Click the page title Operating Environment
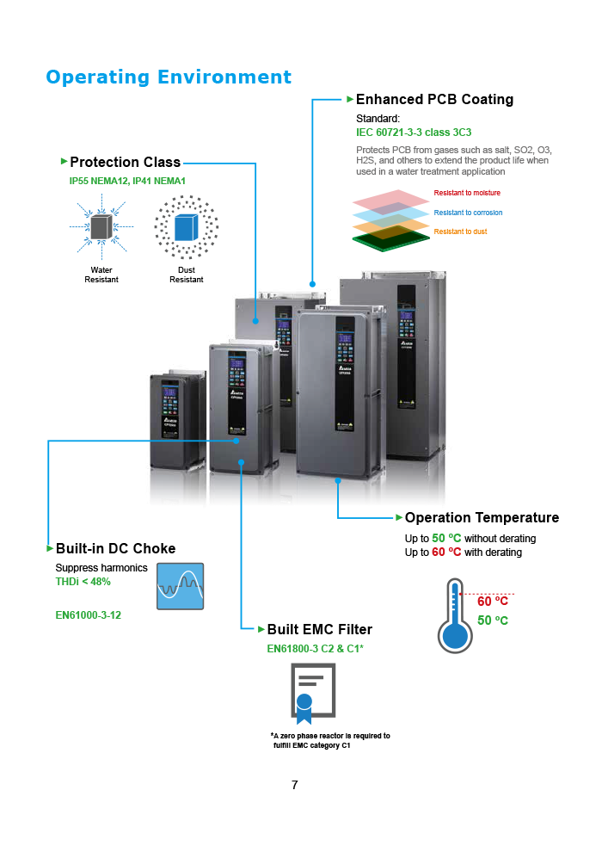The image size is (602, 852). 169,77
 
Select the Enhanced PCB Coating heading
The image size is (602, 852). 434,100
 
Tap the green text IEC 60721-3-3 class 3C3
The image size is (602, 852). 414,133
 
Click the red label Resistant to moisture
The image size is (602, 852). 467,193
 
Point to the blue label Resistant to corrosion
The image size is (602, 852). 468,213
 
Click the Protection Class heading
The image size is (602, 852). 125,163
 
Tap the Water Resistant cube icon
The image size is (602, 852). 101,227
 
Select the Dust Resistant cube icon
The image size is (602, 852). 186,227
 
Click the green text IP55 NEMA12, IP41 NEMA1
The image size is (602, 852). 127,182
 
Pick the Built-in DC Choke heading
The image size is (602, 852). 115,549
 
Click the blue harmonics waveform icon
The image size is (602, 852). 181,586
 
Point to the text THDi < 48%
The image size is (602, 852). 83,582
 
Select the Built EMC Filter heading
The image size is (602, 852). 319,630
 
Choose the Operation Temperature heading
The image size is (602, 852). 482,518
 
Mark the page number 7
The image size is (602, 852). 295,785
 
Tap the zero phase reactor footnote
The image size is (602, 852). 330,740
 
